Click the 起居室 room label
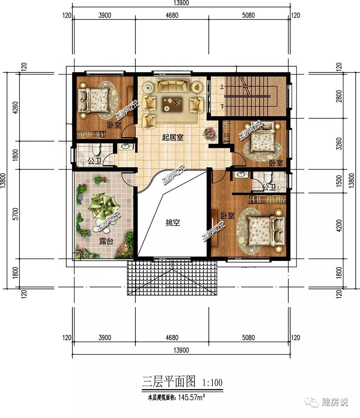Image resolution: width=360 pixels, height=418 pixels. [173, 137]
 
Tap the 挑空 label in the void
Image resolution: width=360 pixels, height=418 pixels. [172, 223]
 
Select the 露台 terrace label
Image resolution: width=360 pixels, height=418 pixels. [106, 241]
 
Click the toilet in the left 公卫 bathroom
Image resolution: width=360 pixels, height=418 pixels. [96, 149]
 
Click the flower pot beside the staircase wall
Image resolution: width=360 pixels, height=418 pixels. [210, 133]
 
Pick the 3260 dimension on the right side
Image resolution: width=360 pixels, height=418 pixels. [339, 143]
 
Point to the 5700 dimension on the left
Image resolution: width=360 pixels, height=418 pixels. [15, 214]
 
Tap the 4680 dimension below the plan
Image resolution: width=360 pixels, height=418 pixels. [172, 338]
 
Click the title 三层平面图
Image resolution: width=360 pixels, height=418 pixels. [169, 381]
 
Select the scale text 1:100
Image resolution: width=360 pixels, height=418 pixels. [212, 382]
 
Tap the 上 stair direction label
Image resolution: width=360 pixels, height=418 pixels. [222, 86]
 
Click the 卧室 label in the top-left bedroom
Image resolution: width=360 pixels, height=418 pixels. [114, 125]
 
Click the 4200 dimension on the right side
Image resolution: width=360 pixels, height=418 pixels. [339, 225]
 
